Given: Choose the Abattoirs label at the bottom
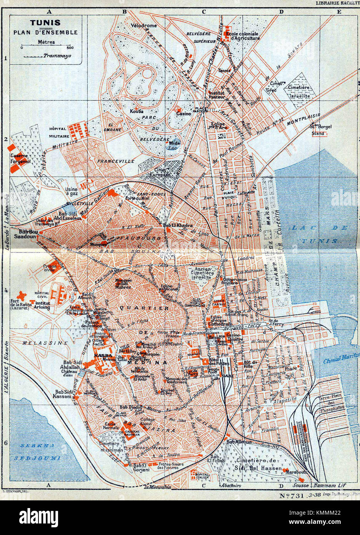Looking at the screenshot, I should point(231,485).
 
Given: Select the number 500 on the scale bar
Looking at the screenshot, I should point(70,48).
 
